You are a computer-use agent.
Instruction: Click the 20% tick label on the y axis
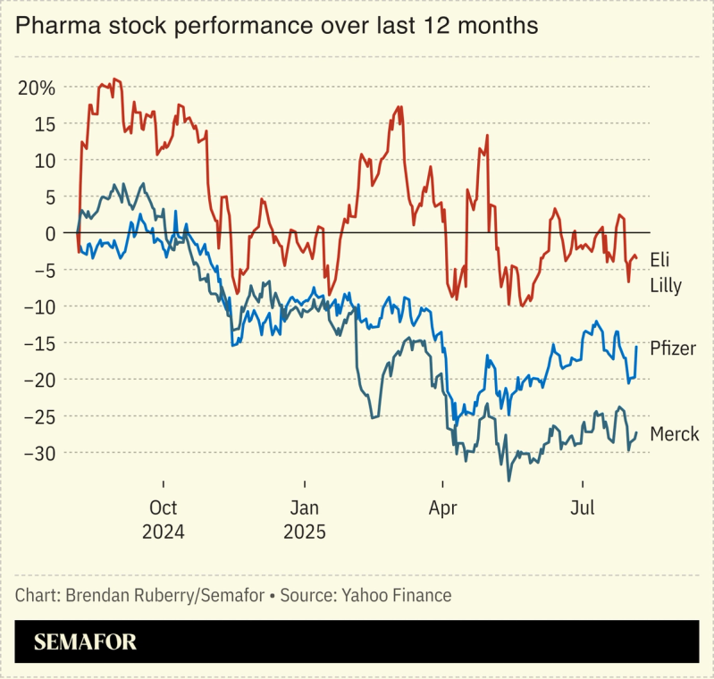click(x=37, y=88)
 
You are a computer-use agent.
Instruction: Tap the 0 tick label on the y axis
click(x=49, y=233)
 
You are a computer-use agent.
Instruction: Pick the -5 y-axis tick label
click(x=43, y=270)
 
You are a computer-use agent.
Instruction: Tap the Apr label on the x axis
click(x=443, y=508)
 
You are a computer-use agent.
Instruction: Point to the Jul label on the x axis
click(x=583, y=508)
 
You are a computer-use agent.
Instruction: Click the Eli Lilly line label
click(x=666, y=272)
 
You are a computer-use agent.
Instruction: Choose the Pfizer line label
click(x=672, y=348)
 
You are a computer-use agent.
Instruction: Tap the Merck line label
click(x=674, y=434)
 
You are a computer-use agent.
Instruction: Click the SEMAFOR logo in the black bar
click(x=85, y=642)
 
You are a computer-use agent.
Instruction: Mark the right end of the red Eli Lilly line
click(x=636, y=259)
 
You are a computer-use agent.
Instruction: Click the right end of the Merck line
click(x=636, y=433)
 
